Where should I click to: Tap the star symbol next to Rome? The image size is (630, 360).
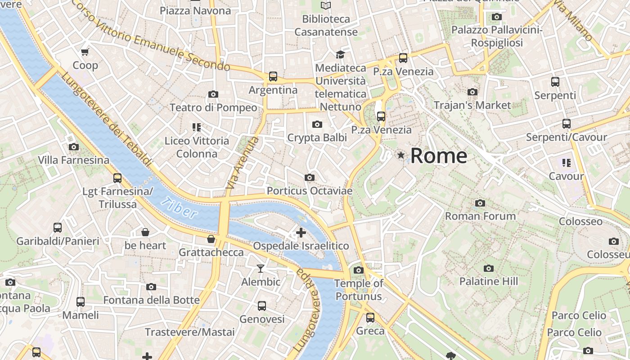[x=400, y=155]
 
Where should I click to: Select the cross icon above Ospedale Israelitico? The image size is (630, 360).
[x=301, y=233]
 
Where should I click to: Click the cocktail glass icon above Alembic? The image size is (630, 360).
[x=261, y=269]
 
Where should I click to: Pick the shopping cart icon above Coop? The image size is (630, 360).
[x=85, y=52]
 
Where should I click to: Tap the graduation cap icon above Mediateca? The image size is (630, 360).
[x=340, y=54]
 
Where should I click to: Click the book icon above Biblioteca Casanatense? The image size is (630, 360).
[x=326, y=5]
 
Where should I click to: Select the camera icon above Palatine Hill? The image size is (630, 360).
[x=489, y=269]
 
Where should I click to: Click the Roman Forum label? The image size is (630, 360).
[x=480, y=216]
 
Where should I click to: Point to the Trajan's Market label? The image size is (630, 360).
[x=472, y=105]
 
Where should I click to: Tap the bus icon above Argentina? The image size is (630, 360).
[x=273, y=76]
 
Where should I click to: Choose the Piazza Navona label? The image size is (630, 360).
[x=195, y=10]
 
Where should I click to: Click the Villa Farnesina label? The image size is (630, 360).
[x=73, y=160]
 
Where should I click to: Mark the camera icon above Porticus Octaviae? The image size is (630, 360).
[x=309, y=178]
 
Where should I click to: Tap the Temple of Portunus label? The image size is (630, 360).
[x=358, y=290]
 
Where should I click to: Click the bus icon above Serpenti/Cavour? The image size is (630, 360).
[x=567, y=124]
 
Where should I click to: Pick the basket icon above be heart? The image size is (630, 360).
[x=145, y=232]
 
